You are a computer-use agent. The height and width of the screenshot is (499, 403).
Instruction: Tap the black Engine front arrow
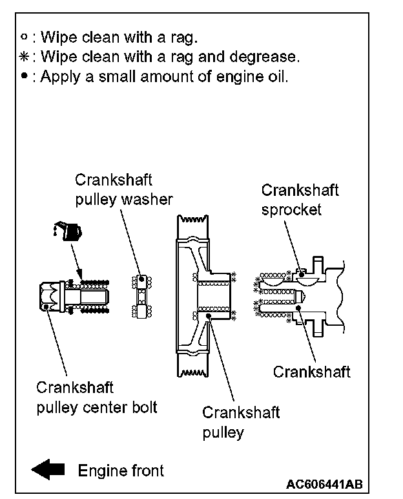click(x=49, y=470)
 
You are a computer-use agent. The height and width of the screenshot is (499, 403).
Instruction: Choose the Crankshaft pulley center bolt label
click(x=97, y=398)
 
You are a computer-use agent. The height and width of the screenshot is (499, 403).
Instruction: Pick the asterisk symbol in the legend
click(x=25, y=57)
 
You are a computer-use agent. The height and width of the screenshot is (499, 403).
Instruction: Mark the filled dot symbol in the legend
click(x=25, y=76)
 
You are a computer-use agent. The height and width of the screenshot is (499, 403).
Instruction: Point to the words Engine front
click(x=121, y=471)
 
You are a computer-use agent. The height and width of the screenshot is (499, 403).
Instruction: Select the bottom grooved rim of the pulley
click(x=190, y=371)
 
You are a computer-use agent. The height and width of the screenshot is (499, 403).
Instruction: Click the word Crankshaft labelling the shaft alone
click(x=311, y=372)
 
